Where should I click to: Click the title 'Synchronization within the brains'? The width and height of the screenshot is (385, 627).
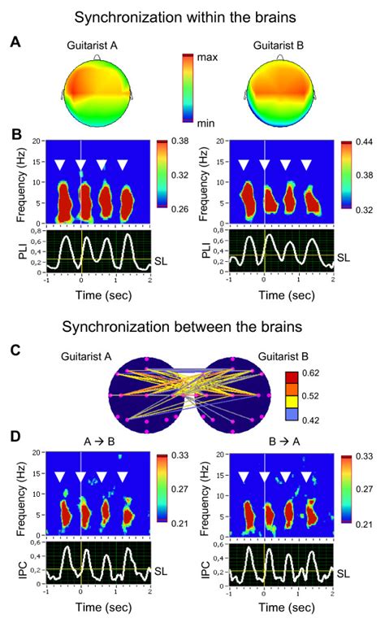click(192, 15)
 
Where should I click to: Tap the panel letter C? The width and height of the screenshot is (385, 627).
click(15, 351)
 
